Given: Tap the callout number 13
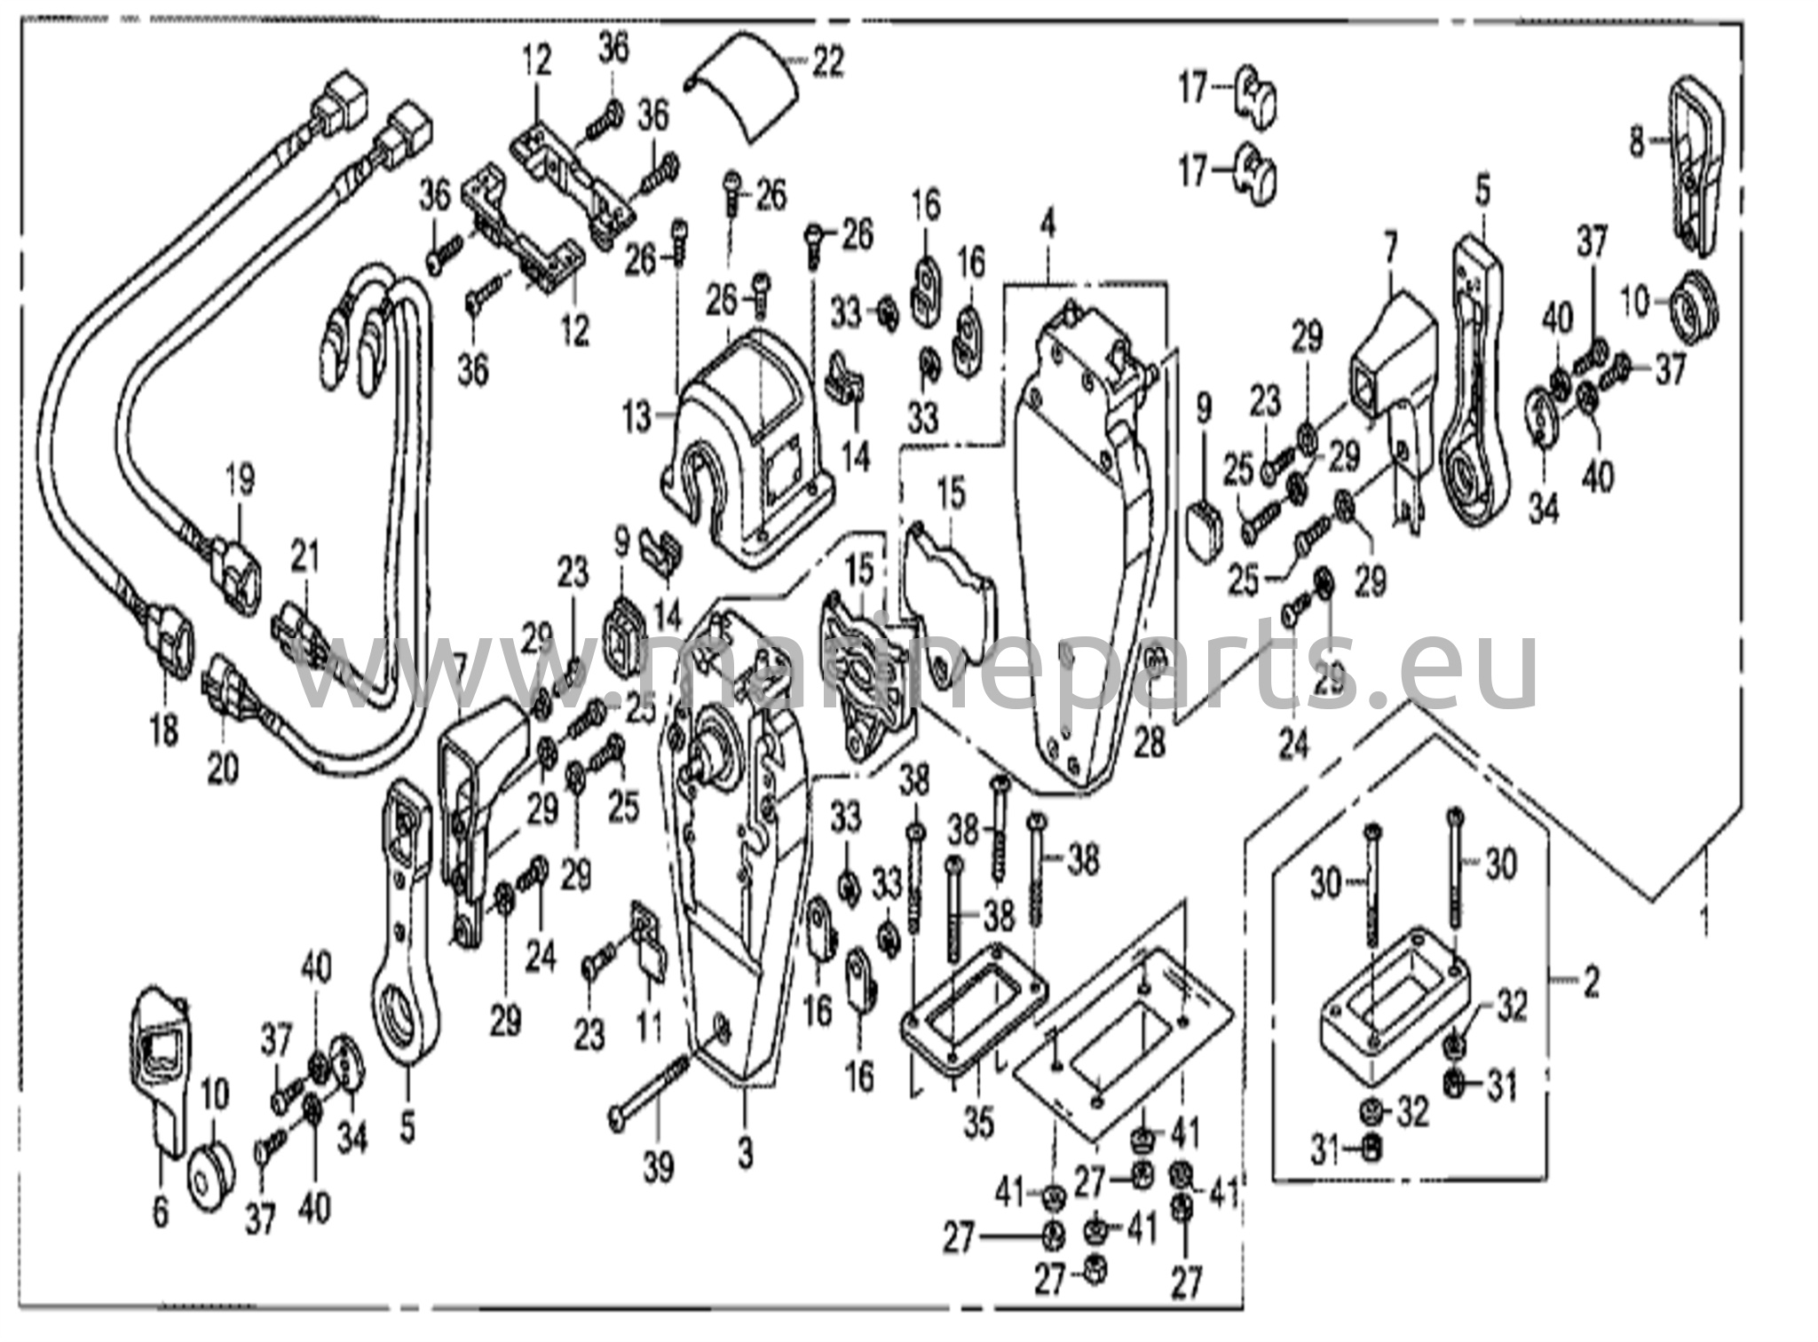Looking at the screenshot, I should [637, 417].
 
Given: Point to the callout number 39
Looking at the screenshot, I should [659, 1168].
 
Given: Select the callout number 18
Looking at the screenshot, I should [165, 732].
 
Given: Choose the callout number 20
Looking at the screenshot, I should [223, 767].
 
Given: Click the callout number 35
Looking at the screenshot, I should [978, 1123].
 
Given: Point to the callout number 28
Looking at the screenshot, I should [1150, 742].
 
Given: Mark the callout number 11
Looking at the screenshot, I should [649, 1027].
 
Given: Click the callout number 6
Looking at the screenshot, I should [160, 1213].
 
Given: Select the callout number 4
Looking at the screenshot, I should [1048, 225].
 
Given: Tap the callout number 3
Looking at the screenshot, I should [745, 1154].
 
